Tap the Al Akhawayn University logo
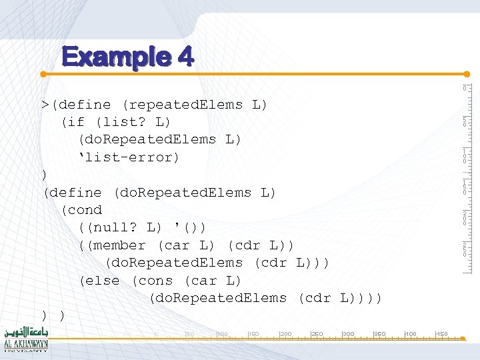[26, 340]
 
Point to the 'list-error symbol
[129, 157]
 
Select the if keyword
[75, 122]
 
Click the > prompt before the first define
[44, 105]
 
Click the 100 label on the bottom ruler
[222, 333]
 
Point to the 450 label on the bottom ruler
[441, 333]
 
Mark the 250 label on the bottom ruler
[316, 333]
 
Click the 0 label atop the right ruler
[465, 89]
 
